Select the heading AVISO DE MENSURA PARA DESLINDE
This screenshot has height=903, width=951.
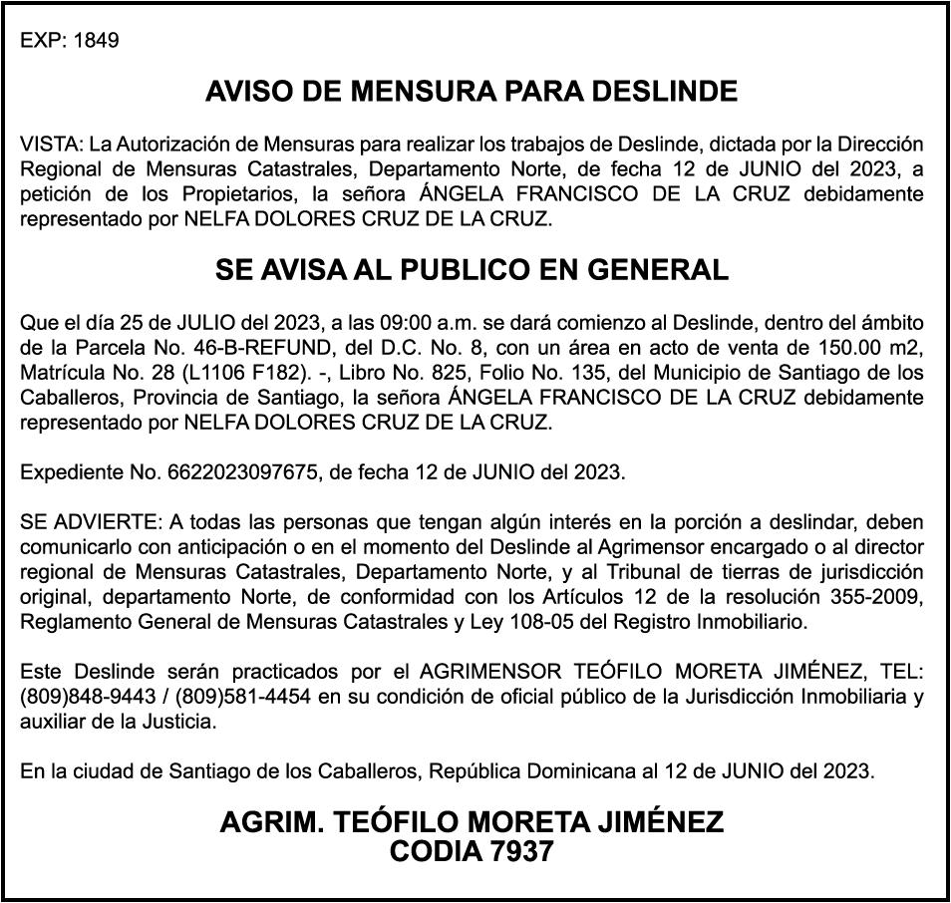tap(472, 93)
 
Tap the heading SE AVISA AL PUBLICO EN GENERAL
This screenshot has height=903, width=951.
tap(472, 270)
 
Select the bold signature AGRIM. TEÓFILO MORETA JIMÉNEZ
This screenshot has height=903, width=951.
tap(472, 823)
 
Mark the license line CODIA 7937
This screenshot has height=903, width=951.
tap(472, 852)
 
